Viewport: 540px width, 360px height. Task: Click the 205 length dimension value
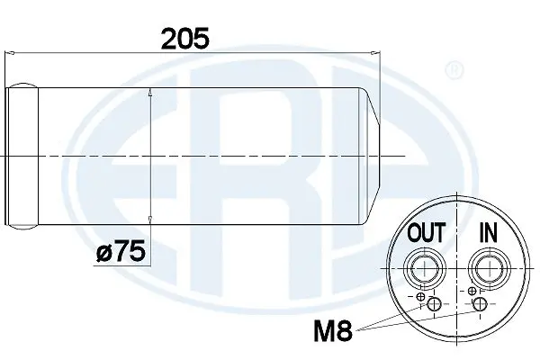click(x=184, y=38)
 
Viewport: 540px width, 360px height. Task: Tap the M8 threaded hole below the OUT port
click(x=434, y=305)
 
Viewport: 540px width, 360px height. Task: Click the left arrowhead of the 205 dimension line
click(x=11, y=56)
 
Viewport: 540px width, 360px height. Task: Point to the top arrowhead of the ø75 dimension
click(x=149, y=92)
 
